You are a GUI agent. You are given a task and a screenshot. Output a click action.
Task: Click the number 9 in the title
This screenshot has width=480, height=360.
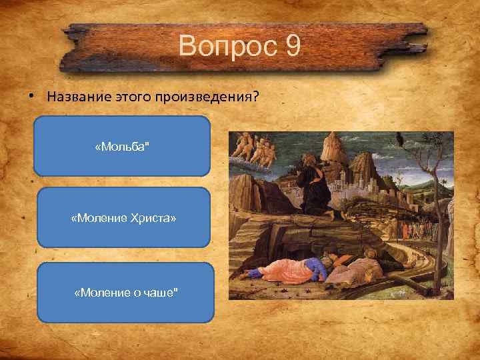coord(291,47)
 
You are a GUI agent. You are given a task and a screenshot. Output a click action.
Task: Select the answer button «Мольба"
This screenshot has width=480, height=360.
coord(122,146)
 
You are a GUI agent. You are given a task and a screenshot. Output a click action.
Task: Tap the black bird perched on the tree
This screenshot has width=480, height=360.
coord(400,139)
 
